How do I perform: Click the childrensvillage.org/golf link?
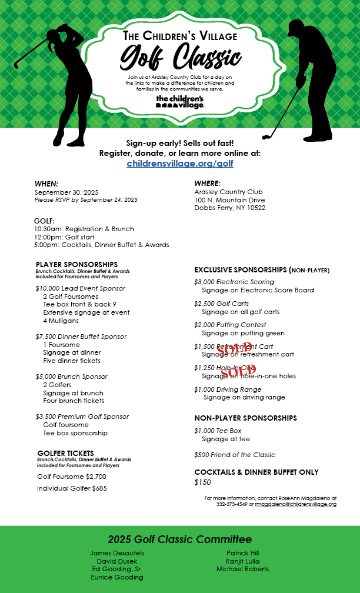(x=180, y=164)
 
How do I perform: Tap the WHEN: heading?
(x=46, y=184)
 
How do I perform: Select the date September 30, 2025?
(x=66, y=192)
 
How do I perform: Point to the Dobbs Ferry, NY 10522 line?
(x=229, y=208)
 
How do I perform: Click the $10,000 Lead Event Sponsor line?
(x=80, y=288)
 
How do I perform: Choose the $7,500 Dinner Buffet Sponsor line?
(x=81, y=337)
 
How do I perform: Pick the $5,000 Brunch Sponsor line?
(x=71, y=377)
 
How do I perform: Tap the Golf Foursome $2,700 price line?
(x=72, y=477)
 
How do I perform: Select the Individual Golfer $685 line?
(x=72, y=488)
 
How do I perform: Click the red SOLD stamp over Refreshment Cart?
(x=234, y=348)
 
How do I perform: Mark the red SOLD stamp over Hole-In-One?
(x=238, y=370)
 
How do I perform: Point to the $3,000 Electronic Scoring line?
(x=234, y=282)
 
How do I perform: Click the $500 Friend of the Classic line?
(x=235, y=455)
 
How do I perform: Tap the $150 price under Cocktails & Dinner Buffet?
(x=202, y=482)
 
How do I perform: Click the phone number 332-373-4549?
(x=232, y=504)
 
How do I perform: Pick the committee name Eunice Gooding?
(x=117, y=577)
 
